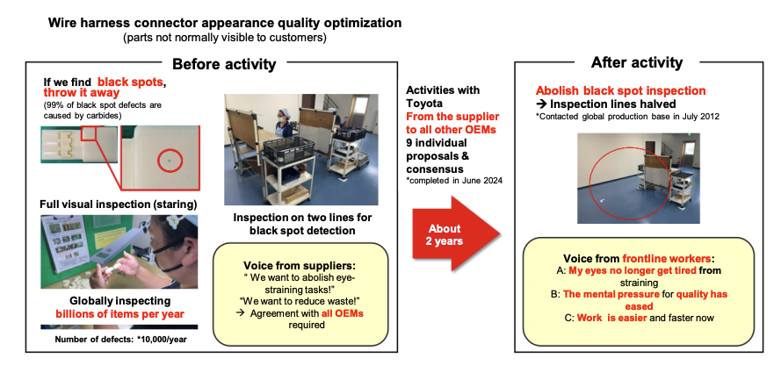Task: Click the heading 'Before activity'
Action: click(x=224, y=63)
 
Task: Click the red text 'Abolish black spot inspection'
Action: click(x=621, y=90)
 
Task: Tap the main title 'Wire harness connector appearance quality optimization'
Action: click(x=225, y=23)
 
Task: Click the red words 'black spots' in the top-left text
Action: click(x=131, y=82)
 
